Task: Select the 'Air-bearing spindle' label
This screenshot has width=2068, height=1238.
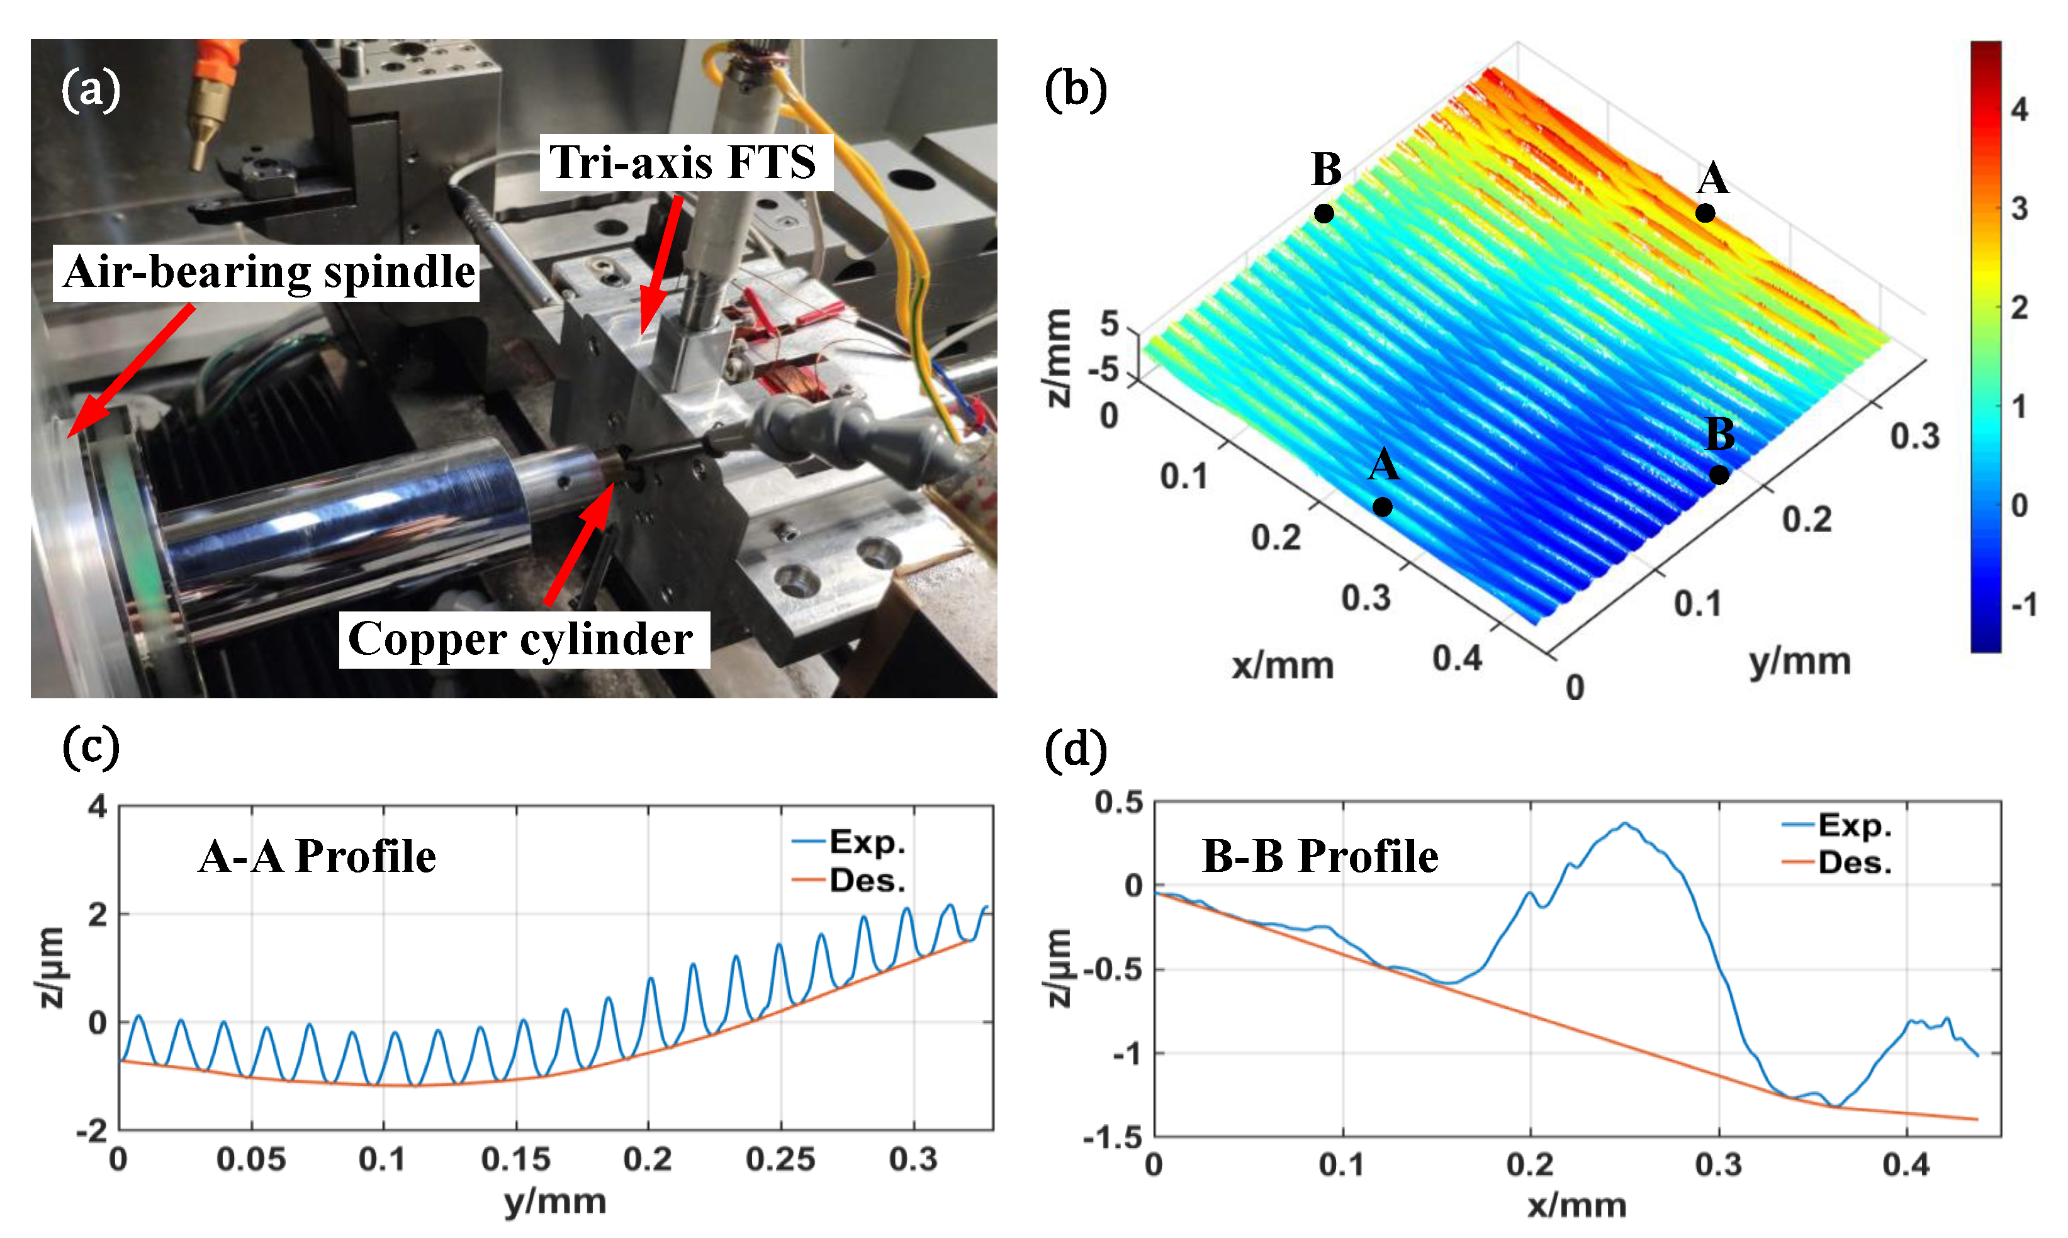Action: point(267,272)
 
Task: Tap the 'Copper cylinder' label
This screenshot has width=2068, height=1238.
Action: point(522,640)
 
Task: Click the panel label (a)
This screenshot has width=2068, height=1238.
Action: point(90,90)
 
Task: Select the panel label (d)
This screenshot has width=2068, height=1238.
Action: point(1075,749)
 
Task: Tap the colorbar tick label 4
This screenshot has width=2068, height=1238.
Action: point(2019,109)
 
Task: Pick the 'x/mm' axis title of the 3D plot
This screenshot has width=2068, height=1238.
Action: point(1283,666)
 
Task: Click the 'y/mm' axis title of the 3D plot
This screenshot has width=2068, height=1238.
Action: point(1799,661)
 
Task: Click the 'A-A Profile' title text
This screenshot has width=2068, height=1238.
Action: point(317,856)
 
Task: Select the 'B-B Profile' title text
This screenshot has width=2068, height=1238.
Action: point(1320,856)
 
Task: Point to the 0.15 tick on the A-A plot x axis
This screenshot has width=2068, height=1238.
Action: point(516,1159)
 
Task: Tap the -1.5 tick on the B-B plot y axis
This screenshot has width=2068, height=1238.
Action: point(1113,1137)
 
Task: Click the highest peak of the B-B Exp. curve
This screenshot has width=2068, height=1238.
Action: point(1624,824)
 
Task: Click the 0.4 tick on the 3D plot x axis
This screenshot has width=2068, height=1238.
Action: point(1457,658)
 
